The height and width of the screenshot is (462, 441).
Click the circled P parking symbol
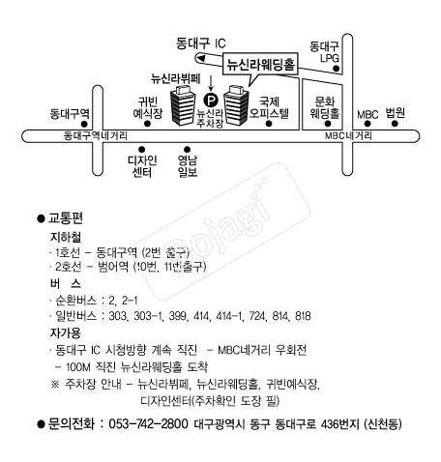pos(211,100)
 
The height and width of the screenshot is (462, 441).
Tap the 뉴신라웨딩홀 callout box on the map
pos(260,64)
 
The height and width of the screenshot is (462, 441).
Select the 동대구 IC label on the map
pos(201,43)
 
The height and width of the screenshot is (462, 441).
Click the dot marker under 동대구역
pos(84,124)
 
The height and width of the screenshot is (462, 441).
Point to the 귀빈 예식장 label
pos(148,107)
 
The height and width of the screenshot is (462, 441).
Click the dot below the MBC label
pos(367,124)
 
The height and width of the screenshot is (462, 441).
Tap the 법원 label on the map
pos(396,113)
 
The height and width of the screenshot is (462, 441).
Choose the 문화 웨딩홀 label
pos(325,107)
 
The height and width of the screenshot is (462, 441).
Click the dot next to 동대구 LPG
pos(336,69)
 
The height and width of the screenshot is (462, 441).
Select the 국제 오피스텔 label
pos(270,107)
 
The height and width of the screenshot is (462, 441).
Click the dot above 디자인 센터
pos(141,149)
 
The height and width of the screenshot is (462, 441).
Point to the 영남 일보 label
pos(188,166)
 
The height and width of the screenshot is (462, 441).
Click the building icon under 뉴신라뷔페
pos(183,105)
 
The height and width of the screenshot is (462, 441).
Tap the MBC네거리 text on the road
pos(348,135)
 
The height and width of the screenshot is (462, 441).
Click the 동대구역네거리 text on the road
pos(96,135)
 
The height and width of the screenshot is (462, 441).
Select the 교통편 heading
pos(66,218)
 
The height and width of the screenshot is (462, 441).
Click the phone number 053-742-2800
pos(148,423)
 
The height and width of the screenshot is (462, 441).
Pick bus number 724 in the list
pos(257,316)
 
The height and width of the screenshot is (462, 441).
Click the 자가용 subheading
pos(65,332)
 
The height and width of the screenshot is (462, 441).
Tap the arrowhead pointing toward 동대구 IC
pos(200,58)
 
